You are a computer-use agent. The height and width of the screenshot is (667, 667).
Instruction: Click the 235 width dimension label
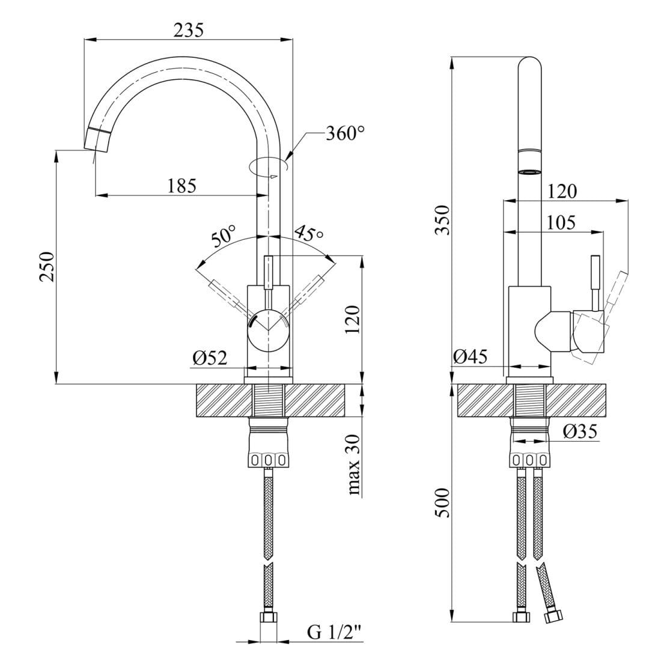[x=188, y=29]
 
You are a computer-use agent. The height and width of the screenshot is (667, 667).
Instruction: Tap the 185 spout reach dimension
[x=181, y=186]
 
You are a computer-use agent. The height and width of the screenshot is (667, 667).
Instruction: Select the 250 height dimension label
[x=47, y=266]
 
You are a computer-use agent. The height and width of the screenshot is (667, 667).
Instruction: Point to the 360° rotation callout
[x=345, y=133]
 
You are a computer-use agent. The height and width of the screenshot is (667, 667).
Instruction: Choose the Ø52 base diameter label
[x=210, y=359]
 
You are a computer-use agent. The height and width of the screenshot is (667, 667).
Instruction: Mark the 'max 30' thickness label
[x=355, y=465]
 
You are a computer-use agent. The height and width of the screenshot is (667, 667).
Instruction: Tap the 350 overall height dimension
[x=442, y=220]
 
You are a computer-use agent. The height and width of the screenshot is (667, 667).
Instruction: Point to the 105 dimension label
[x=561, y=223]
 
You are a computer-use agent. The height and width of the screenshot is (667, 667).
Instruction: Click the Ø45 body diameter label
[x=470, y=357]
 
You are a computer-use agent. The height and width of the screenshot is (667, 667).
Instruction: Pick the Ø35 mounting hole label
[x=580, y=431]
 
